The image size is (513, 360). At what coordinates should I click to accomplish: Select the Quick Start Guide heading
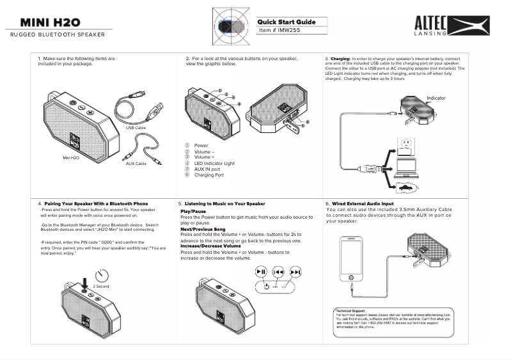coord(287,22)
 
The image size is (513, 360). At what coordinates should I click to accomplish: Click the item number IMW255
coord(280,30)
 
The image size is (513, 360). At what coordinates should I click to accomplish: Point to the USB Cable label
coord(136,128)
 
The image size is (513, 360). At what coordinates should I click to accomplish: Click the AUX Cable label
coord(136,164)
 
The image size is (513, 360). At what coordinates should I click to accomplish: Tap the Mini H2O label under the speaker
coord(70,157)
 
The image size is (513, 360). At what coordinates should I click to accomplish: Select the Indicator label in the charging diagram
coord(436,98)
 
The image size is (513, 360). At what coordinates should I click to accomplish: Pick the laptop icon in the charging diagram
coord(406,167)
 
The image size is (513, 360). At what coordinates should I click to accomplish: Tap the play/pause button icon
coord(261,272)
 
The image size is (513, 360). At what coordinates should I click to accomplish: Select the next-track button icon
coord(295,272)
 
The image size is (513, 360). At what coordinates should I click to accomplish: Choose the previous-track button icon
coord(278,272)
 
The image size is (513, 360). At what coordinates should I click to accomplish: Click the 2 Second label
coord(101,286)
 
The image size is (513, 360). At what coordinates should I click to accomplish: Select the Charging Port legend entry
coord(209,175)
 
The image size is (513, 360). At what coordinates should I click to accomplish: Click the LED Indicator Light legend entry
coord(214,164)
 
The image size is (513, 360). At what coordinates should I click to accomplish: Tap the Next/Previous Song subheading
coord(203,228)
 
